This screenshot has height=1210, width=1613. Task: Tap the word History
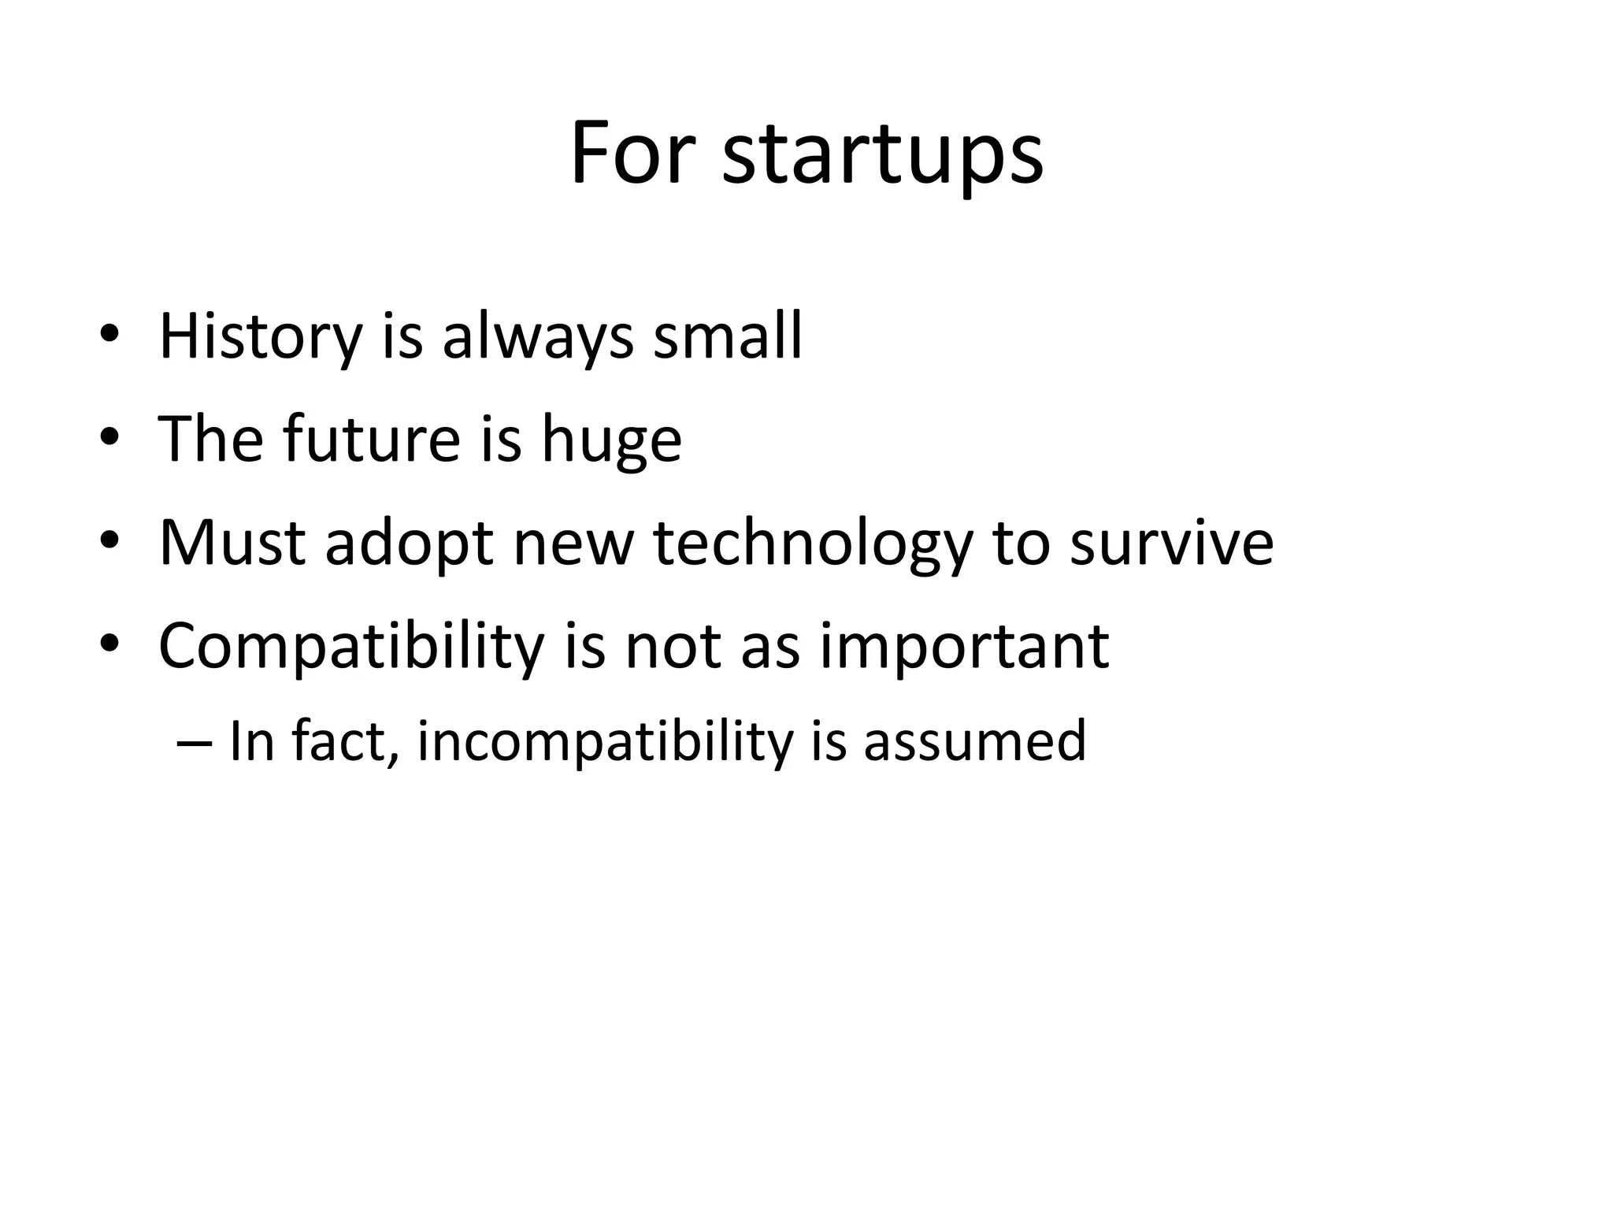pyautogui.click(x=260, y=336)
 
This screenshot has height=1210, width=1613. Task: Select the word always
pyautogui.click(x=538, y=336)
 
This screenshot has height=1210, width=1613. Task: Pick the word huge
pyautogui.click(x=611, y=441)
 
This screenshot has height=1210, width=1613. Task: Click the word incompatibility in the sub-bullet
pyautogui.click(x=604, y=742)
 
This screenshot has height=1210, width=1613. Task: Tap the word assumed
pyautogui.click(x=974, y=742)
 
